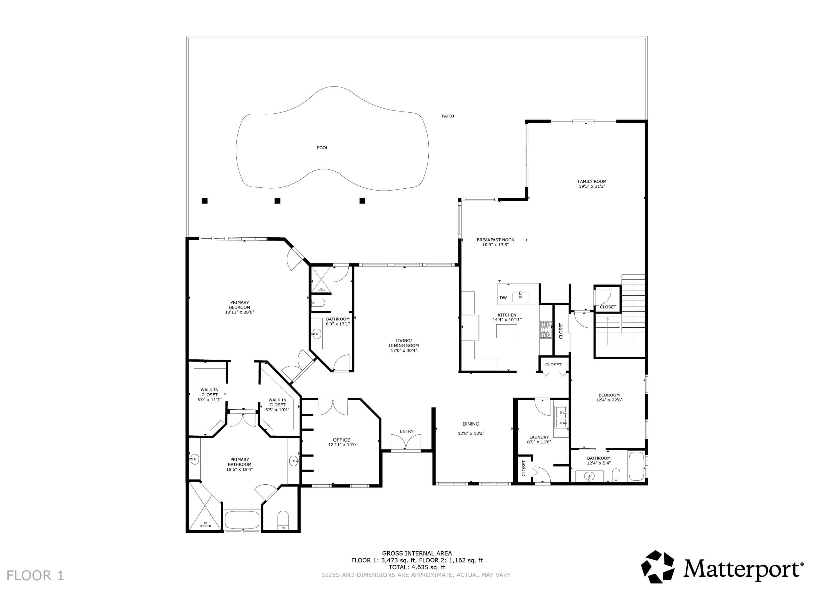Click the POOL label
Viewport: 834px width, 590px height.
322,148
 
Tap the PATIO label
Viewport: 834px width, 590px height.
448,116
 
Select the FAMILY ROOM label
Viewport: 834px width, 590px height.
592,181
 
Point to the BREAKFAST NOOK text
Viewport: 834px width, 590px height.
495,240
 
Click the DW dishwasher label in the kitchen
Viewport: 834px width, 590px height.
503,298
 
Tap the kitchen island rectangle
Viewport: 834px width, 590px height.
507,331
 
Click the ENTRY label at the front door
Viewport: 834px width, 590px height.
406,431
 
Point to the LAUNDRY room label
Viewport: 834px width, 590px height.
539,437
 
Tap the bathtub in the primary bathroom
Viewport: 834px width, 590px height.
242,520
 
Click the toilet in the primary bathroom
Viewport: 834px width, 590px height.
283,521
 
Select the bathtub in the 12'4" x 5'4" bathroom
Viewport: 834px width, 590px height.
636,466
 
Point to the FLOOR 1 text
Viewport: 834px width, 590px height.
35,576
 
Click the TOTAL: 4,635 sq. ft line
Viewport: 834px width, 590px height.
417,567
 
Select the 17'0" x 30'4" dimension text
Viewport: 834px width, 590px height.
404,350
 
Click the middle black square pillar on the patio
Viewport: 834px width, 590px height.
277,201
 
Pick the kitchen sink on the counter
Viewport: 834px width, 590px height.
520,297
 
